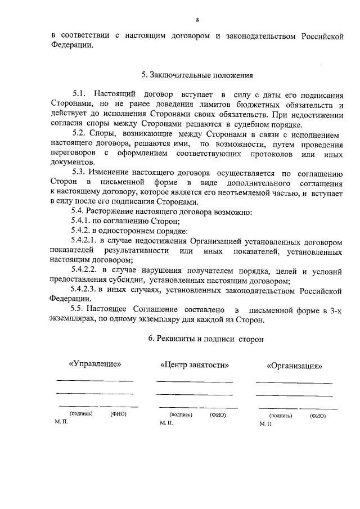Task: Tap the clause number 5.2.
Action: [79, 134]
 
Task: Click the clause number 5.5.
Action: [79, 310]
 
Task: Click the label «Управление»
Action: [94, 364]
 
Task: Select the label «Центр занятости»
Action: [195, 364]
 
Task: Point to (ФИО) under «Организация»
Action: [317, 416]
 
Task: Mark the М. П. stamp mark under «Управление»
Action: [61, 421]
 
